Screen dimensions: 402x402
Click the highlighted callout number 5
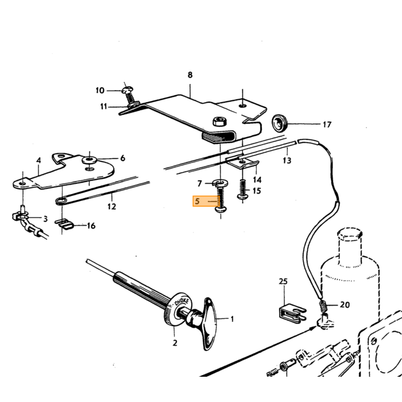(197, 201)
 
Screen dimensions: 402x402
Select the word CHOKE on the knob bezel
(181, 302)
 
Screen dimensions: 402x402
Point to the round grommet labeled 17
(279, 123)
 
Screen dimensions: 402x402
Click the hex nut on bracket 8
(219, 121)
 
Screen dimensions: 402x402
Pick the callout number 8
(190, 75)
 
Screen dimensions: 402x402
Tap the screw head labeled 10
(127, 90)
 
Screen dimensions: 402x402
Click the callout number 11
(103, 106)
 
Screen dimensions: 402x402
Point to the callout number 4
(38, 160)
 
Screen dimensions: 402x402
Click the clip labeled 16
(64, 224)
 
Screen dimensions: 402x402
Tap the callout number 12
(111, 206)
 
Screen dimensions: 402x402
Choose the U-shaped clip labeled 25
(292, 312)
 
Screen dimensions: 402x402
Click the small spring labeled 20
(323, 306)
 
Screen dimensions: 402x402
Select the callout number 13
(287, 160)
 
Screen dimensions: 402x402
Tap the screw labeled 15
(242, 189)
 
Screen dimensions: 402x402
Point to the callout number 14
(257, 180)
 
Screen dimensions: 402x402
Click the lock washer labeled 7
(220, 183)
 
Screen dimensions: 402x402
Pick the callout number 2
(175, 343)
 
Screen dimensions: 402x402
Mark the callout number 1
(232, 319)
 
